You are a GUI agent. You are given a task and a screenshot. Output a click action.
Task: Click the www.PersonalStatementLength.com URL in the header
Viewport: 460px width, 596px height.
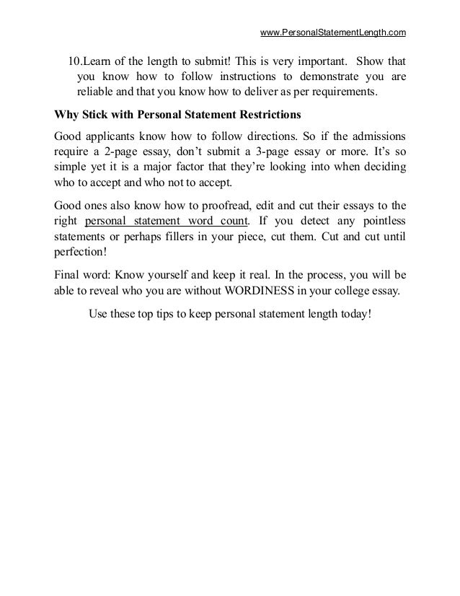[333, 32]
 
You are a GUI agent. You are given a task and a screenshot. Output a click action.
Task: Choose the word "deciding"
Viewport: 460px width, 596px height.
[380, 168]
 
